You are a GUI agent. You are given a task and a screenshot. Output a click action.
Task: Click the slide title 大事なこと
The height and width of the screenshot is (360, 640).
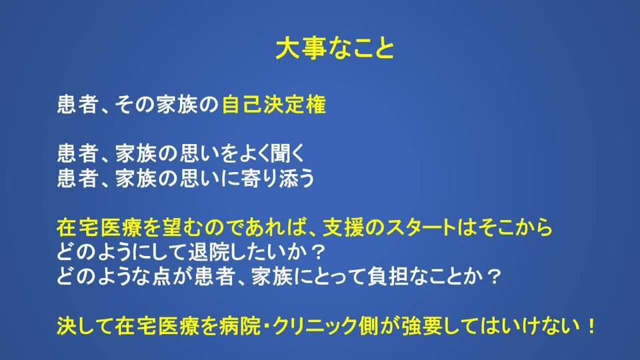pos(335,49)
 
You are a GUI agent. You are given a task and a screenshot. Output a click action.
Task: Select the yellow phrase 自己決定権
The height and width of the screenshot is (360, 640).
pos(274,105)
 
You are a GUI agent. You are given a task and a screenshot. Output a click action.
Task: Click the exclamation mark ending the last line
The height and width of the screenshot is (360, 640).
pos(591,326)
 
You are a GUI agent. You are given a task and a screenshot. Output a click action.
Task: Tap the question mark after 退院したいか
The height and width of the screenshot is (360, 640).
pos(317,252)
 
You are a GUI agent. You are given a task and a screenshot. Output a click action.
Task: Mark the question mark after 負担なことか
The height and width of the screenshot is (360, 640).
pos(494,276)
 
